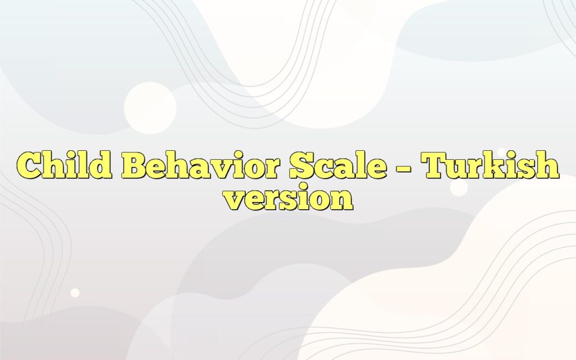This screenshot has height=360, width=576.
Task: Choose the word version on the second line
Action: (x=288, y=200)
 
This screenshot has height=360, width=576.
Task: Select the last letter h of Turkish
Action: (x=548, y=166)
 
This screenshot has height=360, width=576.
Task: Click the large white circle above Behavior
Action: (x=150, y=107)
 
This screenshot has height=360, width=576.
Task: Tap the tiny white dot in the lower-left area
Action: (x=74, y=292)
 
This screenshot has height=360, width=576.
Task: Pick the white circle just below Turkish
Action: (x=459, y=188)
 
